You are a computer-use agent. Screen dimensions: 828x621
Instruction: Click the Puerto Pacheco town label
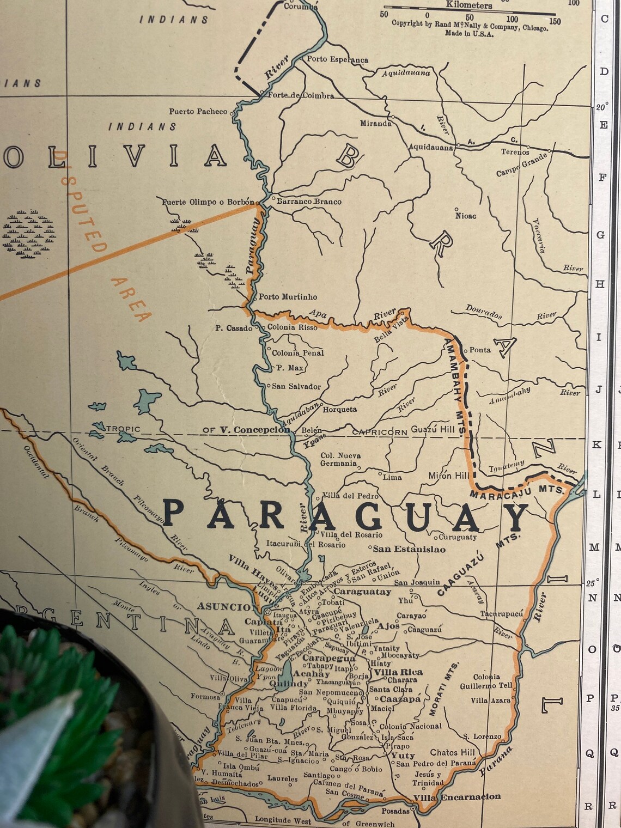point(198,112)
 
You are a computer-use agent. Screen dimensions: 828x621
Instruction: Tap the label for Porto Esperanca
point(337,59)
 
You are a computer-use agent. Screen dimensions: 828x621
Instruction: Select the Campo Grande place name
point(521,165)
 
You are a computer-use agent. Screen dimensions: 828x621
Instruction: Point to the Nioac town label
point(466,216)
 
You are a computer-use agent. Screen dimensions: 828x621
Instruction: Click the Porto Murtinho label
point(288,297)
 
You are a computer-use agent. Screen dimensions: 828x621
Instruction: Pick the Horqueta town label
point(340,409)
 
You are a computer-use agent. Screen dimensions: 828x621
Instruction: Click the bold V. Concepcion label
point(254,430)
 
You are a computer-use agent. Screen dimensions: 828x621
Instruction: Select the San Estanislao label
point(409,549)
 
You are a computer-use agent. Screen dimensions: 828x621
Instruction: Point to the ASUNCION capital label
point(228,607)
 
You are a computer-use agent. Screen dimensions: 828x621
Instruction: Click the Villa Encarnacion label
point(456,797)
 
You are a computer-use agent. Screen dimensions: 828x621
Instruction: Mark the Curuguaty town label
point(458,537)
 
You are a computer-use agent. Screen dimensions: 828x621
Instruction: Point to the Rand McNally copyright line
point(470,25)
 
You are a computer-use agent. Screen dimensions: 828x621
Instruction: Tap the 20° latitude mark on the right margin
point(601,107)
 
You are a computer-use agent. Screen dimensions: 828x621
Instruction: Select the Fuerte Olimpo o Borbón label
point(208,202)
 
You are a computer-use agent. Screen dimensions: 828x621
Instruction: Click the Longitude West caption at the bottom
point(283,820)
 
